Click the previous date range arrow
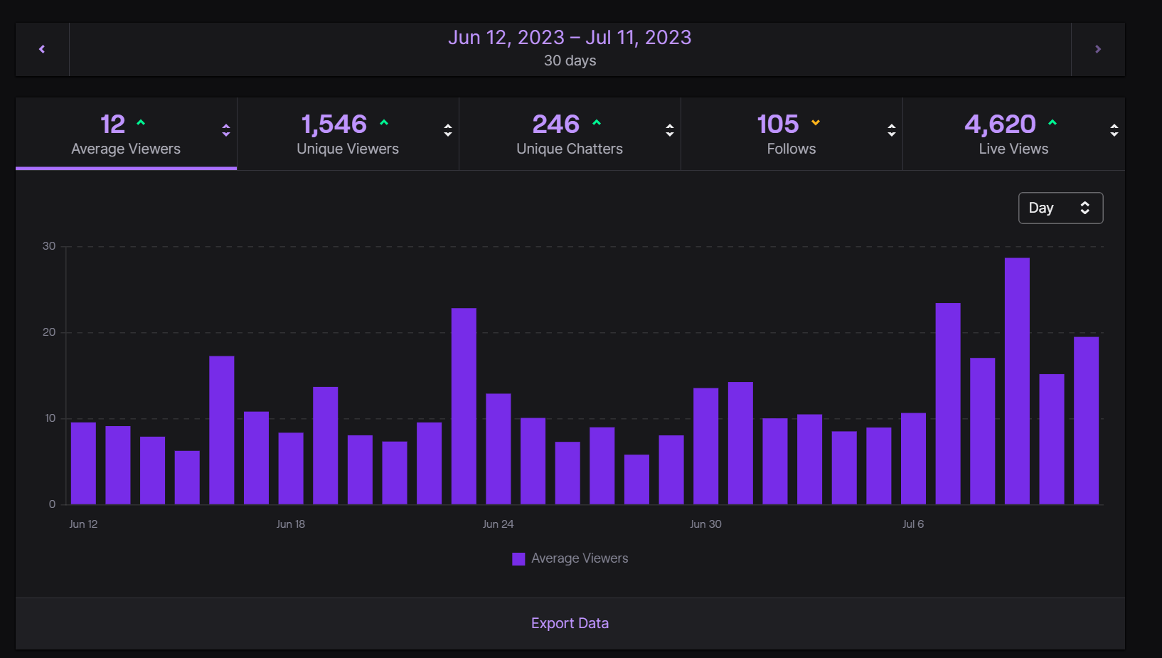[42, 49]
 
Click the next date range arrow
[1097, 49]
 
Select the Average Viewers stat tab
[126, 134]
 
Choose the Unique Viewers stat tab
[347, 134]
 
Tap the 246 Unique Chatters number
[555, 124]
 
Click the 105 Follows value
[777, 124]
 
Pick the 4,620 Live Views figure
[1000, 124]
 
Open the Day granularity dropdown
[1060, 208]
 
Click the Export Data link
[570, 623]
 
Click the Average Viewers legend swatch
[518, 559]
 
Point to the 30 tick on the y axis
[49, 246]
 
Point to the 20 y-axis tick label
[49, 332]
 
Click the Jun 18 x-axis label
[290, 524]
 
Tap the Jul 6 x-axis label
[913, 524]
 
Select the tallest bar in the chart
[1017, 381]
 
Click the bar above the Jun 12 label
[83, 463]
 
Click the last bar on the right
[1086, 420]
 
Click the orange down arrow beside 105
[816, 123]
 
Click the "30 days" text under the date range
[570, 60]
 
